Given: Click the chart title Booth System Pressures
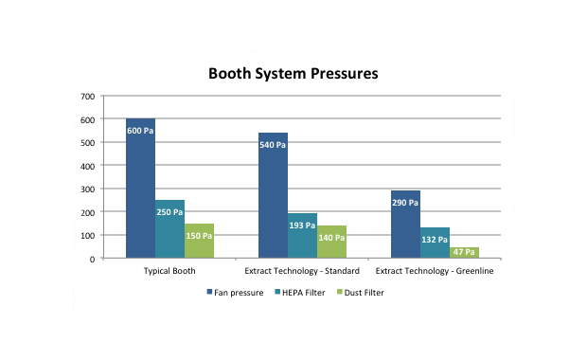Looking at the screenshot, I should click(x=293, y=73).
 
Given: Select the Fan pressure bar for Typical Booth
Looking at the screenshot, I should click(x=140, y=189).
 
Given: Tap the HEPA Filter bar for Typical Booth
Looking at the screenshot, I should click(x=169, y=228).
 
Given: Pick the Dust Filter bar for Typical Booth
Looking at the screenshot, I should click(x=199, y=241).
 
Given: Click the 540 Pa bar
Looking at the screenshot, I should click(x=273, y=195).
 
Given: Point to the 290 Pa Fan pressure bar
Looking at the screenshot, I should click(x=405, y=224).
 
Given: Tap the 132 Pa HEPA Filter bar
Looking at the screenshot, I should click(x=435, y=243).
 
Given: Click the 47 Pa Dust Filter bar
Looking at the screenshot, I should click(x=464, y=252).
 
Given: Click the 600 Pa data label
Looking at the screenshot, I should click(x=140, y=131).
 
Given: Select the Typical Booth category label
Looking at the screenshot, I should click(x=169, y=272).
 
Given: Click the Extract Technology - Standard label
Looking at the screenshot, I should click(x=302, y=272).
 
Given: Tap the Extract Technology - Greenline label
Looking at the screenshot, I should click(x=435, y=272).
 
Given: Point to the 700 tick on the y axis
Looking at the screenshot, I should click(x=87, y=97).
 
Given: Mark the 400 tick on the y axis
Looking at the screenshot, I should click(x=87, y=166).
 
